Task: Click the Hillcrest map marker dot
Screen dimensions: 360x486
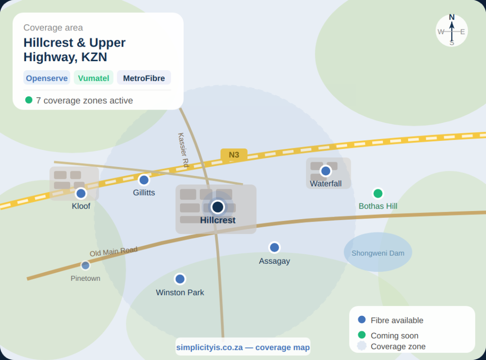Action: [x=218, y=207]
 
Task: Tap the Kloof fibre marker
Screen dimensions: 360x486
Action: [x=81, y=193]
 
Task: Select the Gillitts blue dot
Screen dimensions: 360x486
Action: [x=144, y=180]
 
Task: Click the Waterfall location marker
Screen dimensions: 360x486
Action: [x=326, y=171]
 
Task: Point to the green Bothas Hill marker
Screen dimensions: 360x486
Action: [x=378, y=193]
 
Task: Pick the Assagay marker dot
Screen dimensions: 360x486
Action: [x=274, y=247]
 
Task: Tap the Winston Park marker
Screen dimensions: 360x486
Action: [x=180, y=279]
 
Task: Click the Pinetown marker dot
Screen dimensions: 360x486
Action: [x=85, y=265]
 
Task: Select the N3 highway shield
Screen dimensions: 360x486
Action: [x=234, y=155]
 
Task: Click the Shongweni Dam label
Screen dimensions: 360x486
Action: [x=378, y=253]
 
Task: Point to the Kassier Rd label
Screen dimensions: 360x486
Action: [x=183, y=149]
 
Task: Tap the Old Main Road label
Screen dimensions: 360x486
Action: [x=113, y=251]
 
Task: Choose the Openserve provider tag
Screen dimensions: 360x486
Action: [x=47, y=78]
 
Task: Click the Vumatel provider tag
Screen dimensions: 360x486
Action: [x=93, y=78]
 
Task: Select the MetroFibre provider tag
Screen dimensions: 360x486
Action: [x=144, y=78]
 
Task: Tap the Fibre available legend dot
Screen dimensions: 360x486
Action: [x=362, y=320]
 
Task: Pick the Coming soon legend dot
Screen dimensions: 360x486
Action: [x=362, y=335]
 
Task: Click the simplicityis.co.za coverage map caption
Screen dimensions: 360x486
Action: [x=243, y=347]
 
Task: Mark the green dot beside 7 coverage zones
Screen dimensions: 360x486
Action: [x=29, y=100]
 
